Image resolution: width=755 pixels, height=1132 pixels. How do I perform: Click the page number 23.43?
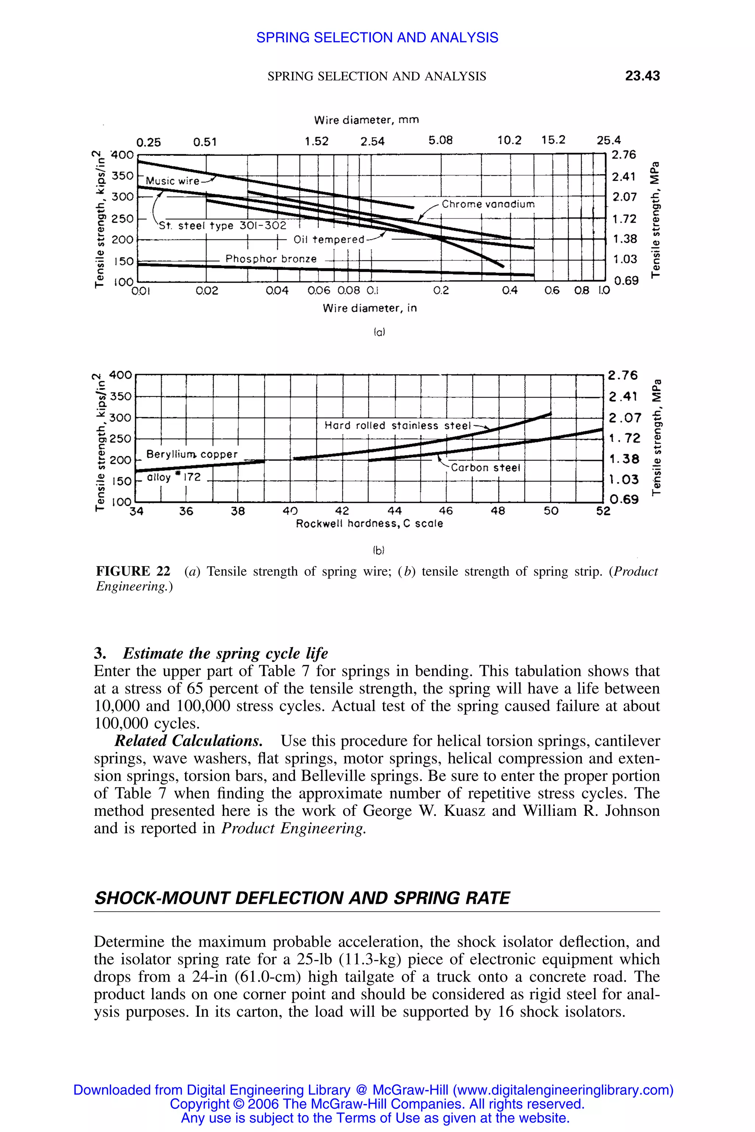point(642,76)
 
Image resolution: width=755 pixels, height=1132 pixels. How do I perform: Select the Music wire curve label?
point(173,181)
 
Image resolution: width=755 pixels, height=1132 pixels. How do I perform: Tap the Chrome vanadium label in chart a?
point(488,204)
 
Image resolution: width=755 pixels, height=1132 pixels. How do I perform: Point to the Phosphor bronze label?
point(271,259)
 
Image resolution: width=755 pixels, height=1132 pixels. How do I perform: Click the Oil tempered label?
point(329,239)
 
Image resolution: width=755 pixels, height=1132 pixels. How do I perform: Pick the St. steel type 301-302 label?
point(222,226)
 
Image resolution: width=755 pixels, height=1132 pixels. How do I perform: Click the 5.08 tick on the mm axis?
point(441,140)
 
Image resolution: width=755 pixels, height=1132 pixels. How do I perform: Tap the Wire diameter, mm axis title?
point(366,119)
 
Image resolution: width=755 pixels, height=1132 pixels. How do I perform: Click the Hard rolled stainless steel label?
point(397,426)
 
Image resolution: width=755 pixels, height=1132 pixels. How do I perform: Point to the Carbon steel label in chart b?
point(486,468)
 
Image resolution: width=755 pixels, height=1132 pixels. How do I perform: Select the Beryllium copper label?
point(192,454)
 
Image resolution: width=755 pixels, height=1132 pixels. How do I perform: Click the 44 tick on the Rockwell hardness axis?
point(394,511)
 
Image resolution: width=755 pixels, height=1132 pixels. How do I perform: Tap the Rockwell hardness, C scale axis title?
point(369,524)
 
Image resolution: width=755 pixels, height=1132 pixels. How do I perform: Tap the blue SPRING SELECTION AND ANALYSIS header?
point(377,38)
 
